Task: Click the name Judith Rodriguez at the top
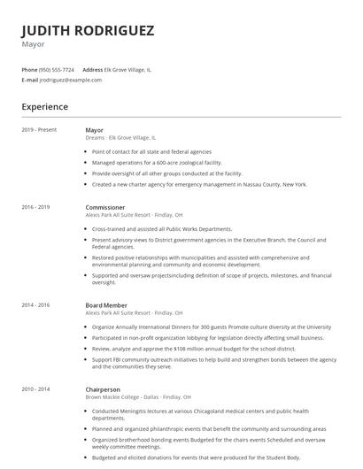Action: coord(88,30)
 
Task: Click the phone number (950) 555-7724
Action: coord(58,69)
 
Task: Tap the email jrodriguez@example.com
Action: coord(71,80)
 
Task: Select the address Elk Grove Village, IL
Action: coord(128,69)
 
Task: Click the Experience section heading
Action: coord(45,107)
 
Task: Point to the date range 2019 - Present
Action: coord(39,130)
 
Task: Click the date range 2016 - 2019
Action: coord(36,207)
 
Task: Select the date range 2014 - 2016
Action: coord(36,305)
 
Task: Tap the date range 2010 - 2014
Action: coord(36,388)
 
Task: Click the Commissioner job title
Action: coord(104,207)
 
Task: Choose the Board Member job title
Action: coord(106,305)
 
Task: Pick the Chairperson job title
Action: coord(104,388)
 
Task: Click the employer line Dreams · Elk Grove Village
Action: coord(120,138)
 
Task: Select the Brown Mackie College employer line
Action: coord(133,396)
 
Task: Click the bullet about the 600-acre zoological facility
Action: coord(157,163)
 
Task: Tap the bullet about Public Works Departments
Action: coord(162,228)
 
